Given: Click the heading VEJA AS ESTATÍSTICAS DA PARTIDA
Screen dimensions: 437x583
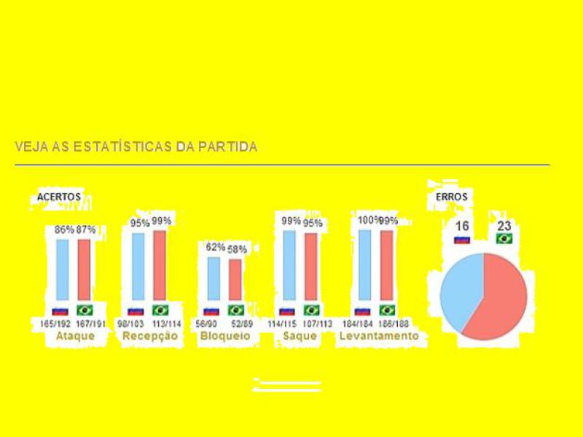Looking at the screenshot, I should pos(136,146).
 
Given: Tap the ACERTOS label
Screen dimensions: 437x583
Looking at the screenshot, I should pos(59,197).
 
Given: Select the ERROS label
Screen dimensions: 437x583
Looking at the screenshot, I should pos(452,197).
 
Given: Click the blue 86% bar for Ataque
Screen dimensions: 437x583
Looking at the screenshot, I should pos(63,269).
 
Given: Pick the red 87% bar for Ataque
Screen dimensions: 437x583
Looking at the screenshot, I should pos(84,269).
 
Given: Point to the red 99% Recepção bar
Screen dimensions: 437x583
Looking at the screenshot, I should pos(160,265).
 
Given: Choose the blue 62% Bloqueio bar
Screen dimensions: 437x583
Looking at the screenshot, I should pos(214,278).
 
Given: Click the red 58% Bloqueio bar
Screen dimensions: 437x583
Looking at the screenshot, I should pos(235,280).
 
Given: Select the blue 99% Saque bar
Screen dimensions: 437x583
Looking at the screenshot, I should pos(289,265).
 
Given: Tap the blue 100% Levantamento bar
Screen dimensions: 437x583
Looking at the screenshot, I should pos(364,265).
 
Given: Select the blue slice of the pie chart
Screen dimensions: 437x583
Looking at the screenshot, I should pos(458,288).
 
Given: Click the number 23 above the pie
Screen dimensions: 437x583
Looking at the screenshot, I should pos(504,227).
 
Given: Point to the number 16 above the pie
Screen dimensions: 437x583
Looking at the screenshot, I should pos(462,227).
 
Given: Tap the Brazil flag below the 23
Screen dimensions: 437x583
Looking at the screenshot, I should pos(504,239).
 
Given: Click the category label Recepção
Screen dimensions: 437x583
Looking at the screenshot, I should pos(150,336).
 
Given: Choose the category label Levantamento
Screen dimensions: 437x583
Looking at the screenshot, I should pos(379,336).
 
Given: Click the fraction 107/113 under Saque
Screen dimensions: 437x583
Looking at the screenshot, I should pos(316,323).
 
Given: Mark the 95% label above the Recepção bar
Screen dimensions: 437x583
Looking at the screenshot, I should pos(139,224).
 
